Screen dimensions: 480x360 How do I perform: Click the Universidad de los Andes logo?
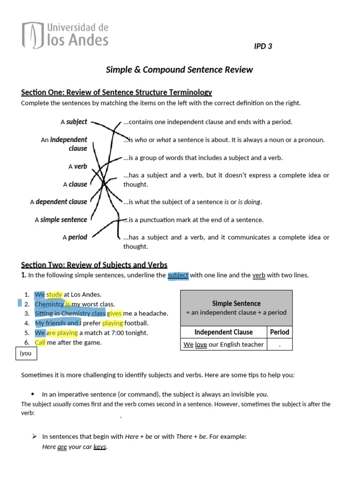click(x=65, y=35)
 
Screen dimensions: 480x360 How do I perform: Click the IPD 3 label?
click(x=262, y=46)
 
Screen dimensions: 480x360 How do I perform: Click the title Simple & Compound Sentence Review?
click(x=180, y=70)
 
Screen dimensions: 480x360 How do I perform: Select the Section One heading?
click(x=117, y=92)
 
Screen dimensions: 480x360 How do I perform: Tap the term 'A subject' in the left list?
click(x=74, y=122)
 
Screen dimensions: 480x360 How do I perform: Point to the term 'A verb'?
click(x=77, y=166)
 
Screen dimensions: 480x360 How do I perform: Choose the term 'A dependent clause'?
click(x=59, y=202)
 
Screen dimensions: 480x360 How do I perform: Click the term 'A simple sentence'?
click(x=60, y=220)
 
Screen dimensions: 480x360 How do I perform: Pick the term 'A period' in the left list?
click(x=75, y=238)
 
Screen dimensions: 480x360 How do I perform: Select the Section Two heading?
click(x=94, y=265)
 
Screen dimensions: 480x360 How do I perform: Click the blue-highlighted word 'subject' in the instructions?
click(x=178, y=275)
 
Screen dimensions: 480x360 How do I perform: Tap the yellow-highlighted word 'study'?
click(x=54, y=295)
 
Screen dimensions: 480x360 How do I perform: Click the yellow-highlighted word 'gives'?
click(x=115, y=314)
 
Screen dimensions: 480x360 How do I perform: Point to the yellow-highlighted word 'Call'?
click(x=40, y=342)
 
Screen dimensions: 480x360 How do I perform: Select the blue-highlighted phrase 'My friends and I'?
click(x=58, y=323)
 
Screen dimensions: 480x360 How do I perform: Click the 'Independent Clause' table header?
click(x=224, y=332)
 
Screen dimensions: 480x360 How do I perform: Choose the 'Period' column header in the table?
click(x=280, y=332)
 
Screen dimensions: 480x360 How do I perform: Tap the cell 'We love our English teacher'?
click(x=224, y=345)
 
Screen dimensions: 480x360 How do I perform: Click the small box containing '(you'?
click(x=27, y=353)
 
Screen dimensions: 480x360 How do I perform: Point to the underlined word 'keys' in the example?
click(x=100, y=447)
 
